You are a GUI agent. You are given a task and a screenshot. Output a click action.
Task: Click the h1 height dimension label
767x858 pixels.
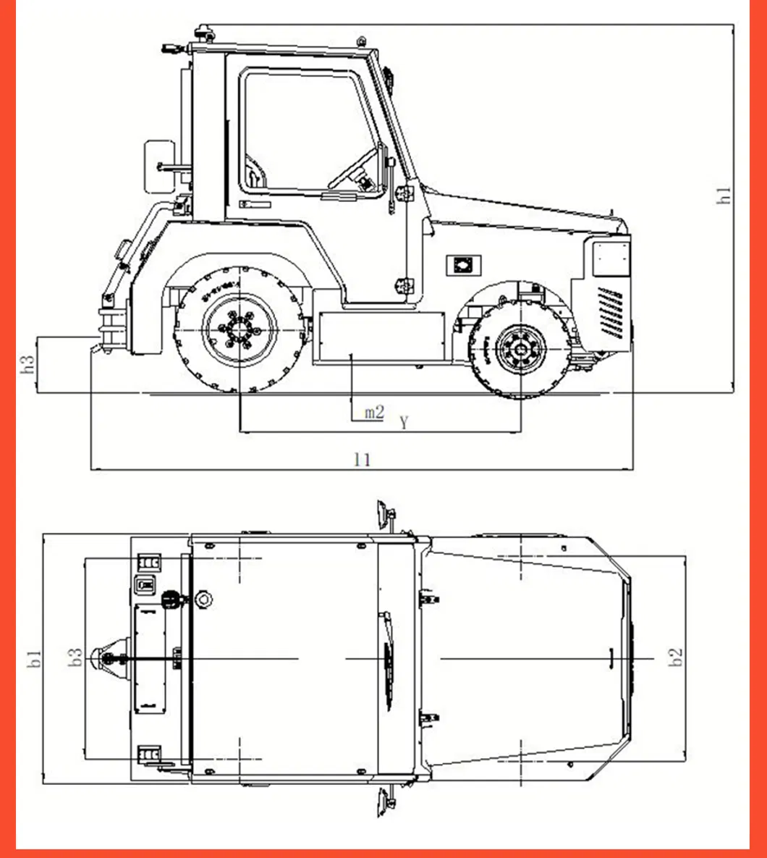[724, 195]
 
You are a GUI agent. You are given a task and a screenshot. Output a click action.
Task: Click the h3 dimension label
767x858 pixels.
[28, 364]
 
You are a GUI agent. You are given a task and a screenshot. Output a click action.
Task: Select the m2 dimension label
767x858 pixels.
[373, 413]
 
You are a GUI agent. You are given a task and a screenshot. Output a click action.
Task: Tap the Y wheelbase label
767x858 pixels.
[404, 422]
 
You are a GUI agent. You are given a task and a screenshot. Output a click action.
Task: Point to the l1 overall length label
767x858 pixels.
[363, 459]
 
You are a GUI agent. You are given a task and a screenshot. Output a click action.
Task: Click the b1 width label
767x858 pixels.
[34, 658]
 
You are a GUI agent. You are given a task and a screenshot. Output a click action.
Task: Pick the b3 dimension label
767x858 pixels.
[75, 657]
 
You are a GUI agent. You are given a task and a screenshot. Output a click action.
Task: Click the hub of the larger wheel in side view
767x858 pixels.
[240, 331]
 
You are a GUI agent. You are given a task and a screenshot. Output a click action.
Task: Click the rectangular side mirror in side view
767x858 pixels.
[159, 166]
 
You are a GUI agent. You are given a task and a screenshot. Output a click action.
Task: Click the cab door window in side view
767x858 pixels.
[308, 130]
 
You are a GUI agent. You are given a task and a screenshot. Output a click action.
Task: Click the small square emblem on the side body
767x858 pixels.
[461, 265]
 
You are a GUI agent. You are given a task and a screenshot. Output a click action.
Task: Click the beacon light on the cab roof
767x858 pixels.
[202, 33]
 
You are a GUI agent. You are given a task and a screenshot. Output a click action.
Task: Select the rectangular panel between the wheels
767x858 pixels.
[380, 337]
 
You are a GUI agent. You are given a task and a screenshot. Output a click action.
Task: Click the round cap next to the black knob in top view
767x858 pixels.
[203, 599]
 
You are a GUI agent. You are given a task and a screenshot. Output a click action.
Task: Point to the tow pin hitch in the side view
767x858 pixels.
[109, 330]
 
